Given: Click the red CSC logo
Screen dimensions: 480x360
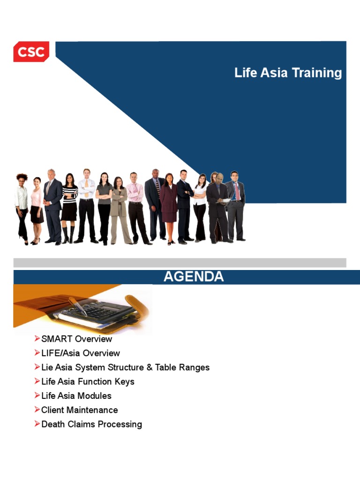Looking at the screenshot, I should coord(31,52).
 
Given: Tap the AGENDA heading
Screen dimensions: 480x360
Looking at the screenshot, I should coord(194,277).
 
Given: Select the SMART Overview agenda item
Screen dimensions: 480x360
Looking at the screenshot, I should coord(76,339).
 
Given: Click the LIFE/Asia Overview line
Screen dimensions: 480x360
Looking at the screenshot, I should coord(81,353).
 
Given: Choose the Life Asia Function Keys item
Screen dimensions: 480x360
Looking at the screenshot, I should coord(88,382).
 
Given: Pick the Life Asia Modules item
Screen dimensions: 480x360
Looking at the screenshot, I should coord(76,396).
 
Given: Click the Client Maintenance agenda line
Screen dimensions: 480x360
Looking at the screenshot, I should coord(80,410).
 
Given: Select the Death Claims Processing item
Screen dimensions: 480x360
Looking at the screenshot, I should coord(91,424).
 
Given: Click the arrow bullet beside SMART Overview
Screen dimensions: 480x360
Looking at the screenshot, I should coord(37,338).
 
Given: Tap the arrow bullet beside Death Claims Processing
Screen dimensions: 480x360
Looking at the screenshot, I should coord(37,424).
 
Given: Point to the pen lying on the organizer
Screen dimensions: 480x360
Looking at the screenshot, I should coord(77,305).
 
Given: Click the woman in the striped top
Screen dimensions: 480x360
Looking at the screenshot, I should coord(69,206).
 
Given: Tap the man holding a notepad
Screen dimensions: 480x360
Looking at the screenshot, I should coord(218,206).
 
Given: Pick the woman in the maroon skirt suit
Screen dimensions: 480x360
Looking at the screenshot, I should coord(169,206).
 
